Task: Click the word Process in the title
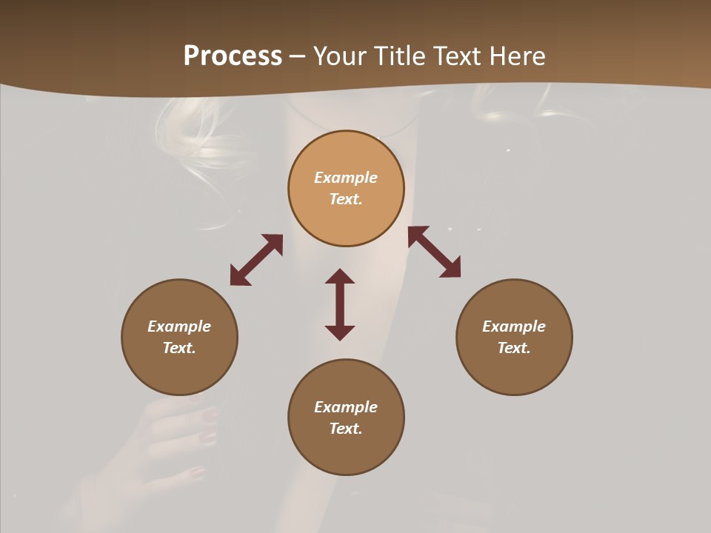233,56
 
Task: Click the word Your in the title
340,56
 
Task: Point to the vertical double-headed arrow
340,304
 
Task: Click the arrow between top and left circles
256,260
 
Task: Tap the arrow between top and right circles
435,252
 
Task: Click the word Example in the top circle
346,178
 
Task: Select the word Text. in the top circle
346,199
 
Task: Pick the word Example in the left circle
179,326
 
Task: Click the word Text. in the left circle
179,348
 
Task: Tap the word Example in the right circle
514,326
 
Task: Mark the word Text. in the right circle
514,348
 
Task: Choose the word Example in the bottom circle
346,407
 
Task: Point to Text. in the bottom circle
346,429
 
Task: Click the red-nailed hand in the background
174,437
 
